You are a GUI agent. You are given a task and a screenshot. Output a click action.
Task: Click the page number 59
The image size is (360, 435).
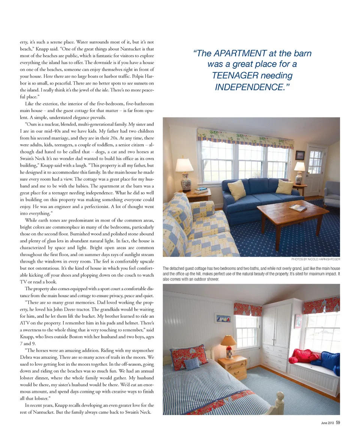(x=337, y=423)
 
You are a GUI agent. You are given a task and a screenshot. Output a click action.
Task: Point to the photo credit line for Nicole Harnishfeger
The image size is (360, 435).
(x=315, y=259)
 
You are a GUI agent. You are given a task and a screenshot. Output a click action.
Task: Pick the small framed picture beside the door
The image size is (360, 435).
(x=300, y=155)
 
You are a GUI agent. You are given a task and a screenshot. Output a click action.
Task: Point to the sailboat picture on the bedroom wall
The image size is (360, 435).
(x=223, y=318)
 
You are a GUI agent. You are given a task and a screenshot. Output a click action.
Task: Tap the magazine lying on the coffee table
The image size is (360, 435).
(x=297, y=208)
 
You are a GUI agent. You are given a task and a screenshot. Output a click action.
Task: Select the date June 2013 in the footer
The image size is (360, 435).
(x=327, y=423)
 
